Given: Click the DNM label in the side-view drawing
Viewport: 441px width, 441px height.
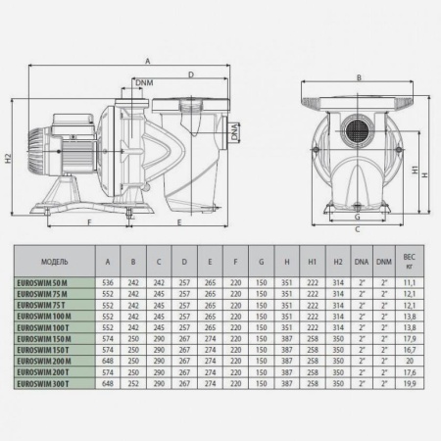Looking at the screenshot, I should pyautogui.click(x=144, y=83).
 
